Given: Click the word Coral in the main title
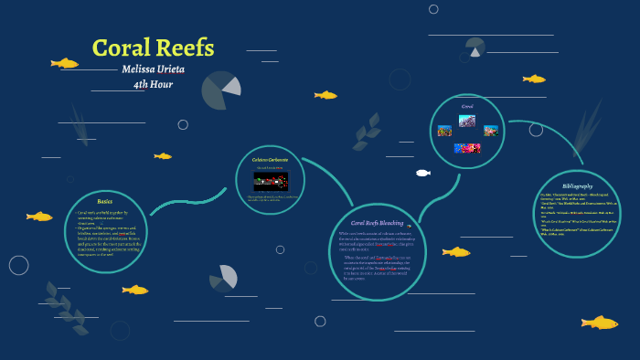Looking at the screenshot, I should coord(123,48).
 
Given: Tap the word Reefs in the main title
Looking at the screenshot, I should coord(186,48).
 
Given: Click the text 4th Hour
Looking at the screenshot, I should coord(153,85).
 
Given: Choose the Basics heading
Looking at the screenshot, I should coord(105,200).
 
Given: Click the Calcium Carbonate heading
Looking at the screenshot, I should coord(270,159).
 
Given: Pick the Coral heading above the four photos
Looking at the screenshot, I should coord(467,106).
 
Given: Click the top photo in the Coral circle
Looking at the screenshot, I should coord(467,121).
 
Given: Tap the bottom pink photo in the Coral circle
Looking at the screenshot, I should coord(467,148).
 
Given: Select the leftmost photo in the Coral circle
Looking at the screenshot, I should coord(444,132).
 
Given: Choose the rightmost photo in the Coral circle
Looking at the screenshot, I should coord(491,132).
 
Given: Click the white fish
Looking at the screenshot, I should coord(422,173).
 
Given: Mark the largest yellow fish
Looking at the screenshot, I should coord(600,323).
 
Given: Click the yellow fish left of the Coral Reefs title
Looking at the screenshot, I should coord(64,63).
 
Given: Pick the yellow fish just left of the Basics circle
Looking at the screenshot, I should coord(39,217).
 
